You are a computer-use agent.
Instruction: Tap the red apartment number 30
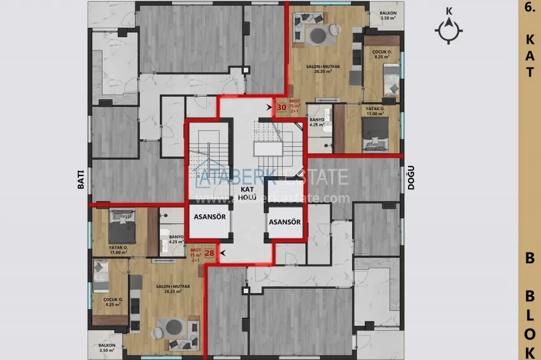pos(281,107)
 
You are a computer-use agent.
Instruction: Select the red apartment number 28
pos(209,253)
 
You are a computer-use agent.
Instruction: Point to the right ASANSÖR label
pos(284,222)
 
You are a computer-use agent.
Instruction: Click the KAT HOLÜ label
pos(248,193)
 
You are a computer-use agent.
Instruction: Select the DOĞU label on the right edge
pos(411,181)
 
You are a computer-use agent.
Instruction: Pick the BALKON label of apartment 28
pos(107,347)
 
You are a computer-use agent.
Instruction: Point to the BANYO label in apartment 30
pos(317,122)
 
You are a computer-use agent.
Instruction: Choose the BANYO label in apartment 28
pos(176,239)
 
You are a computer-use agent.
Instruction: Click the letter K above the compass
pos(449,11)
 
